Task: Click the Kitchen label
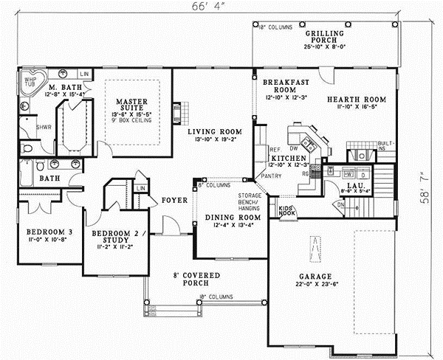click(x=284, y=159)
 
